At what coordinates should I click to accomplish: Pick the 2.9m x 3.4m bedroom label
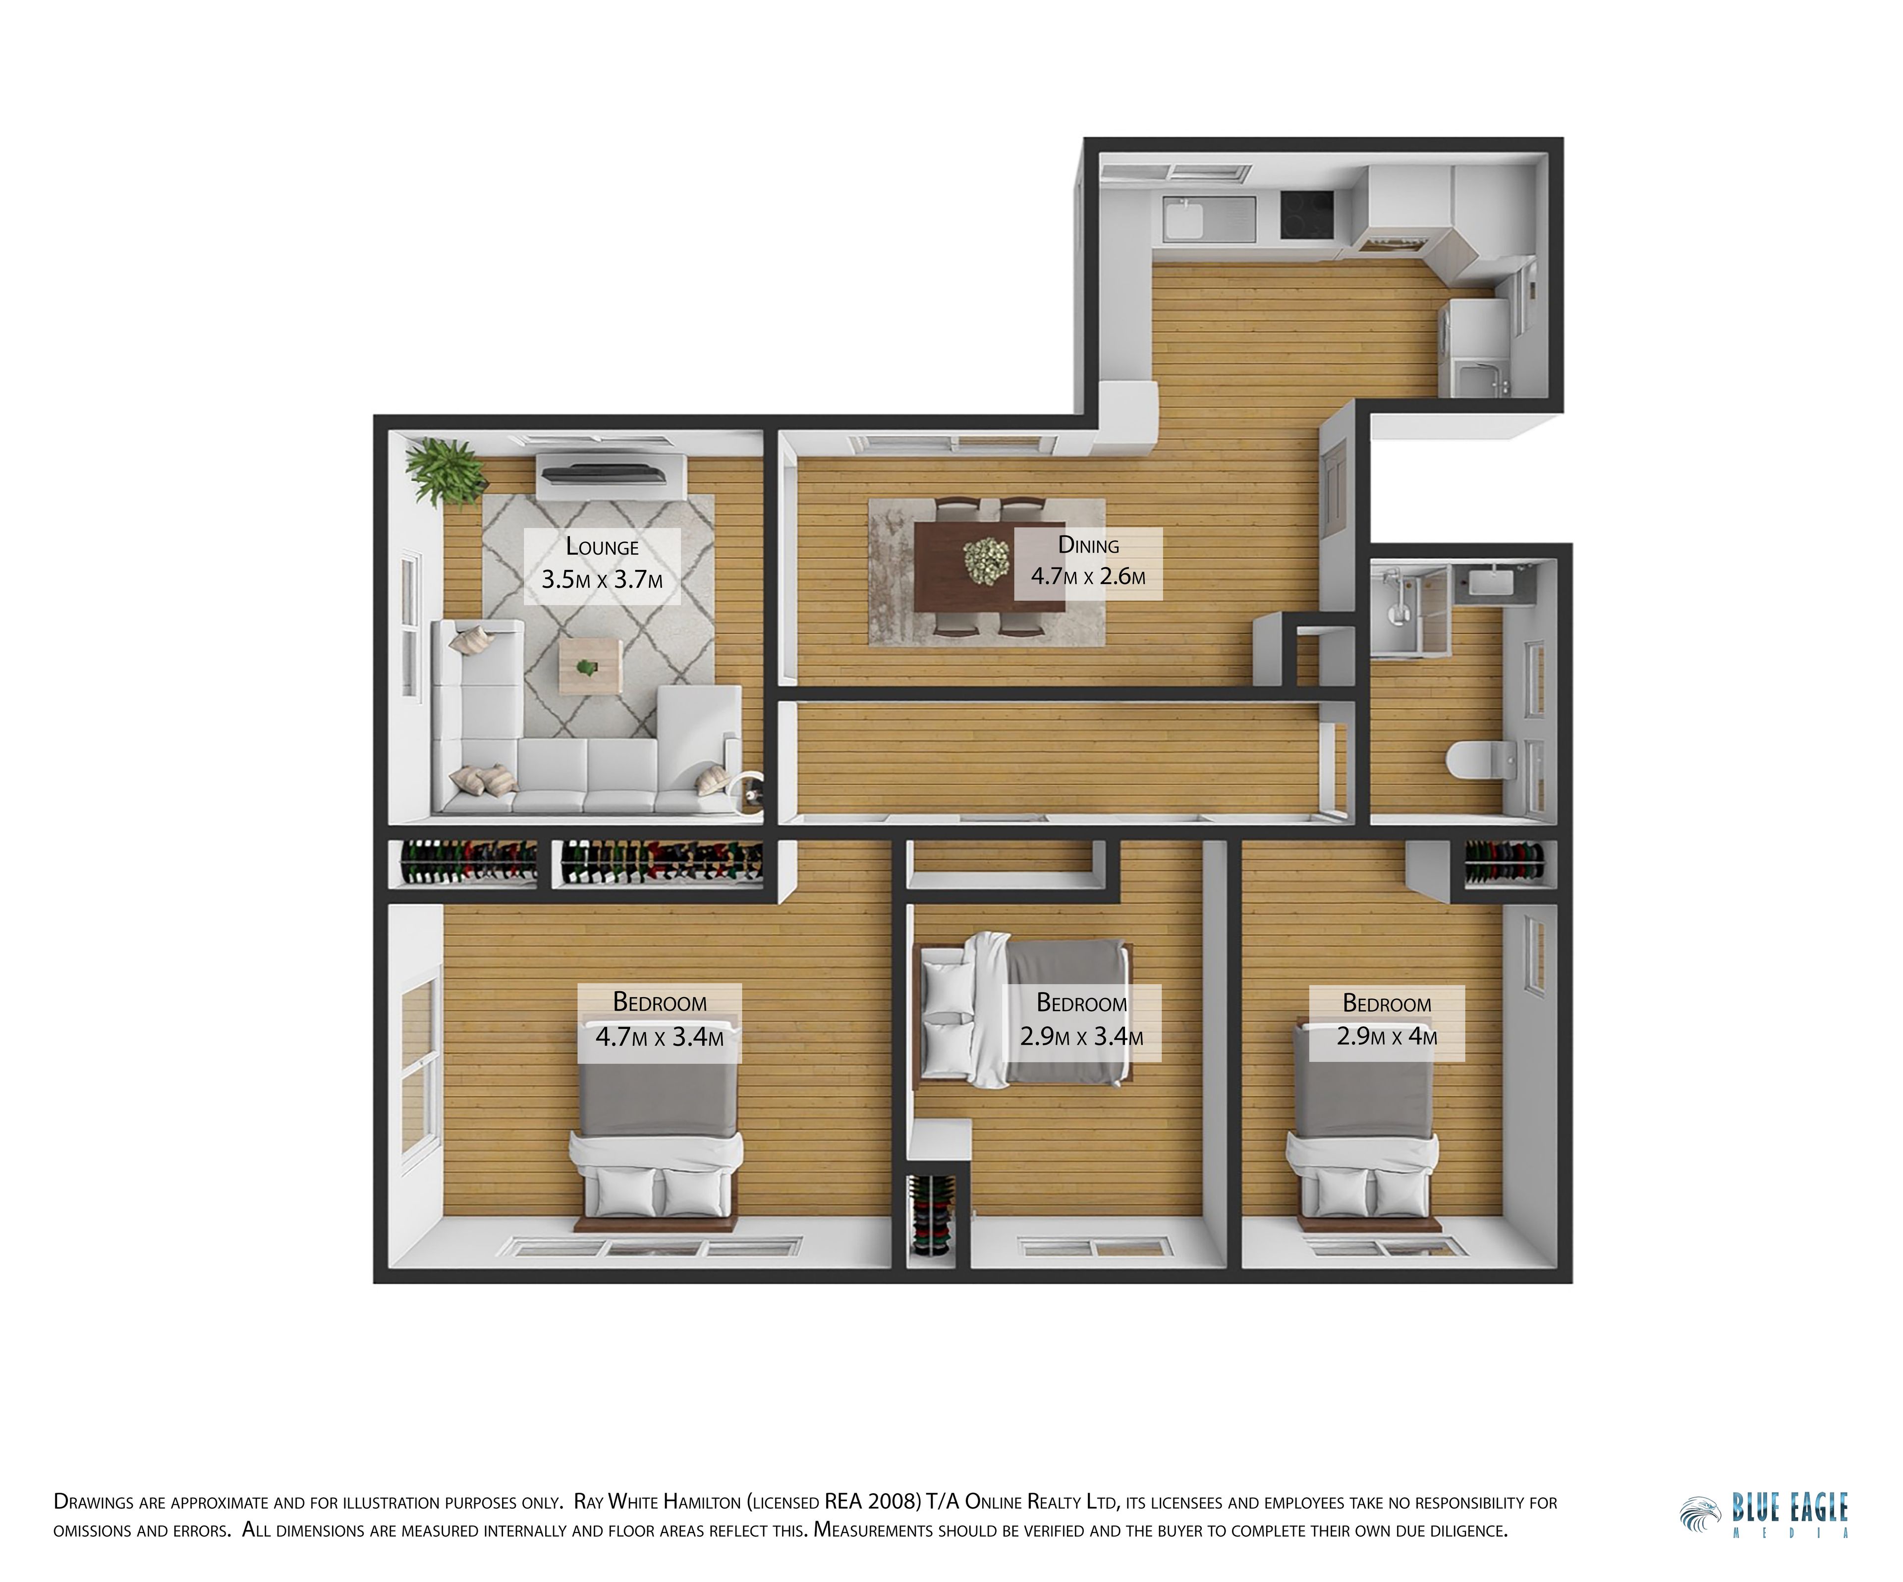click(x=1082, y=1021)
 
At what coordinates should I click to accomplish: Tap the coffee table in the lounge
click(x=590, y=666)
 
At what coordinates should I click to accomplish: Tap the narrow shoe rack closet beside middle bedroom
click(x=932, y=1217)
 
